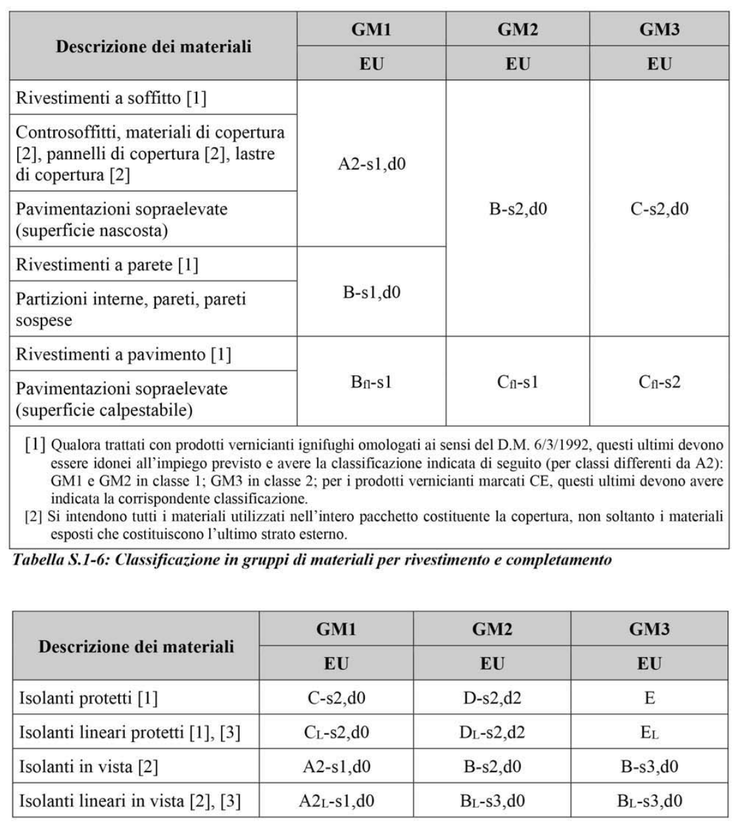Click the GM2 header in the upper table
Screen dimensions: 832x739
pos(517,30)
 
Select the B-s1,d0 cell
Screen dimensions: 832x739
pos(371,292)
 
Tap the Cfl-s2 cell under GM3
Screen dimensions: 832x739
pos(659,382)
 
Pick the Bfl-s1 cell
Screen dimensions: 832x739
pos(371,382)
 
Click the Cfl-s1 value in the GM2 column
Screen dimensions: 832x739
pos(517,382)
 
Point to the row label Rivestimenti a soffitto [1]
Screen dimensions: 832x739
pos(111,98)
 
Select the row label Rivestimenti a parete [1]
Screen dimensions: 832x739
pos(107,264)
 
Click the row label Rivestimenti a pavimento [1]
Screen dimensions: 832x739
pos(124,354)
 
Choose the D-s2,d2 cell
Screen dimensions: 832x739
pos(492,697)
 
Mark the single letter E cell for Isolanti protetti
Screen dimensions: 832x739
pos(650,697)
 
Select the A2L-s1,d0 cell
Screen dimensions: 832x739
pos(336,800)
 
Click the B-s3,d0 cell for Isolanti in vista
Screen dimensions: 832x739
pos(650,766)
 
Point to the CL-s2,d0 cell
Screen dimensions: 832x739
pos(336,731)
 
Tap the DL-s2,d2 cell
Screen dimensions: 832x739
pos(492,731)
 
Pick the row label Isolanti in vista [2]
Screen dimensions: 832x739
pos(89,766)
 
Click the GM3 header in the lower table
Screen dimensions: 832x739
pos(650,629)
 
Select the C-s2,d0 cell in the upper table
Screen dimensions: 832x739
pos(659,209)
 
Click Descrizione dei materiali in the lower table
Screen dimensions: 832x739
pos(136,646)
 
